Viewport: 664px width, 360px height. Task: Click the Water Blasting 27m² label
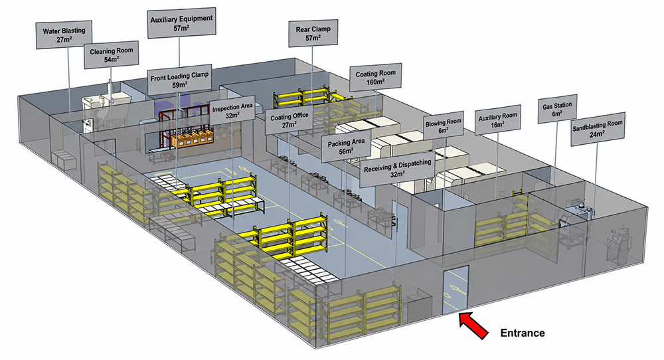[64, 35]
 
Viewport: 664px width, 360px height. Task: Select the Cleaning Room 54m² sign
[112, 54]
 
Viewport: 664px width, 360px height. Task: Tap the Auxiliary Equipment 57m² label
[181, 23]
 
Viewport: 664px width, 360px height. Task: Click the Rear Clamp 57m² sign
[313, 33]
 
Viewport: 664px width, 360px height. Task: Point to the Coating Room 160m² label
[376, 78]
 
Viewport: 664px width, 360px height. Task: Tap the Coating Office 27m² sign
[290, 120]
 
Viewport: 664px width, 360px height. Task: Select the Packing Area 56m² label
[346, 147]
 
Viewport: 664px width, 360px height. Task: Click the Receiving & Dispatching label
[398, 169]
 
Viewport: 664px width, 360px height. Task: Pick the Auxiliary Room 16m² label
[497, 120]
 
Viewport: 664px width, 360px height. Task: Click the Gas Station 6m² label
[557, 109]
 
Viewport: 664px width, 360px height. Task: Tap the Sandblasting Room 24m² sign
[598, 129]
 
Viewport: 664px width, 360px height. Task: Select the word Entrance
[523, 333]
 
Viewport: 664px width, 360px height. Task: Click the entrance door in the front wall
[456, 290]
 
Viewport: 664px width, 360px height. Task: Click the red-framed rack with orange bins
[185, 129]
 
